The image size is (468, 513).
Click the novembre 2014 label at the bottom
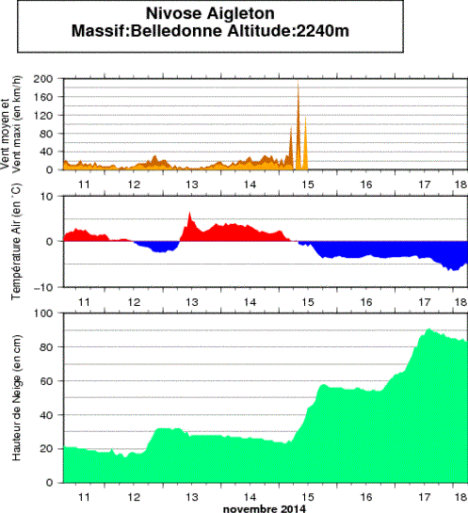click(x=266, y=508)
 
